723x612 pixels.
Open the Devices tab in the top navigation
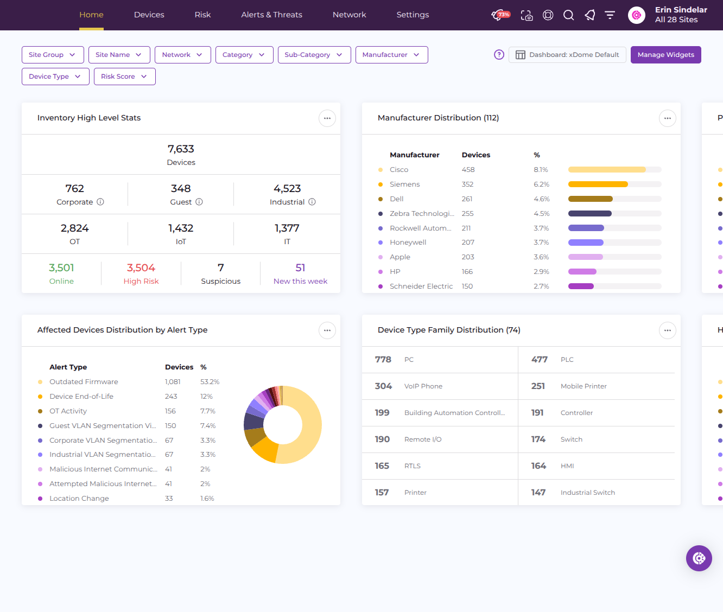(149, 15)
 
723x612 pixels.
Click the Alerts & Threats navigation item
(271, 15)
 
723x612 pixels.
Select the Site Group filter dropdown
(53, 55)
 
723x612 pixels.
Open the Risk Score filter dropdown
(124, 76)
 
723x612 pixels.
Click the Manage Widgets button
(665, 55)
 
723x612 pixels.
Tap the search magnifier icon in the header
(568, 15)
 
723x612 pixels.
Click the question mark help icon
(499, 55)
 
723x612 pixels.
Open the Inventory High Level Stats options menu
(327, 118)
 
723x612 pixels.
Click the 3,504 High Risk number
(141, 268)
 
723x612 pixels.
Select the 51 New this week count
(300, 268)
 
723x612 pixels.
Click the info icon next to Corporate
(100, 202)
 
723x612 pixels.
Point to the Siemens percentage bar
(598, 184)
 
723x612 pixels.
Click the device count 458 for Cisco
(468, 170)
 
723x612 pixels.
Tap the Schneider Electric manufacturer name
(421, 286)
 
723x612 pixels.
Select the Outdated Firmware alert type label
(84, 381)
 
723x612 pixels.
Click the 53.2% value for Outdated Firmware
(210, 381)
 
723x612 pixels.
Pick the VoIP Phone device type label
(423, 386)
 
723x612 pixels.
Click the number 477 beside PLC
(539, 360)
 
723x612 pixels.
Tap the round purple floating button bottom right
(699, 558)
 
